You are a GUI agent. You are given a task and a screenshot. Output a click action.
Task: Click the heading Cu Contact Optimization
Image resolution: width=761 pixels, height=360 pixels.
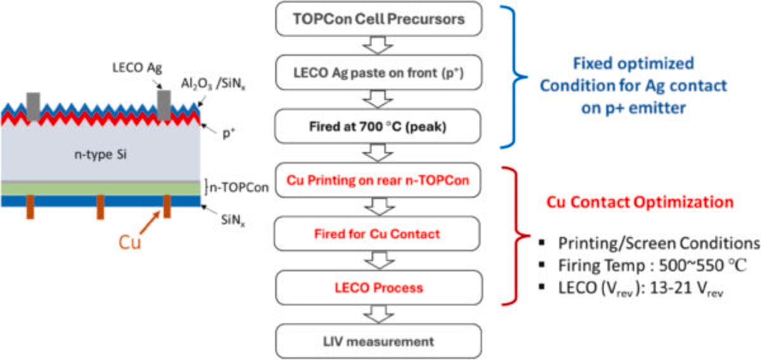(640, 202)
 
